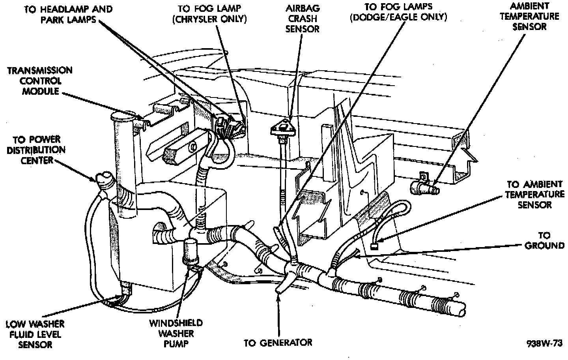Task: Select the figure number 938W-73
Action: point(544,343)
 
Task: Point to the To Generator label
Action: point(278,342)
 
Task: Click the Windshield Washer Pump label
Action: point(176,334)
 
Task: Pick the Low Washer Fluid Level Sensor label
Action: point(35,334)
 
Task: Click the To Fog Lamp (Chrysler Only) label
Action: point(209,13)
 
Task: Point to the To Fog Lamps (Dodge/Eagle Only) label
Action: point(398,12)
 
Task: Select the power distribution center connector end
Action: point(103,180)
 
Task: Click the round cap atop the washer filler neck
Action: point(122,117)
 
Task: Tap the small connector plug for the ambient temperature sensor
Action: point(375,246)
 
